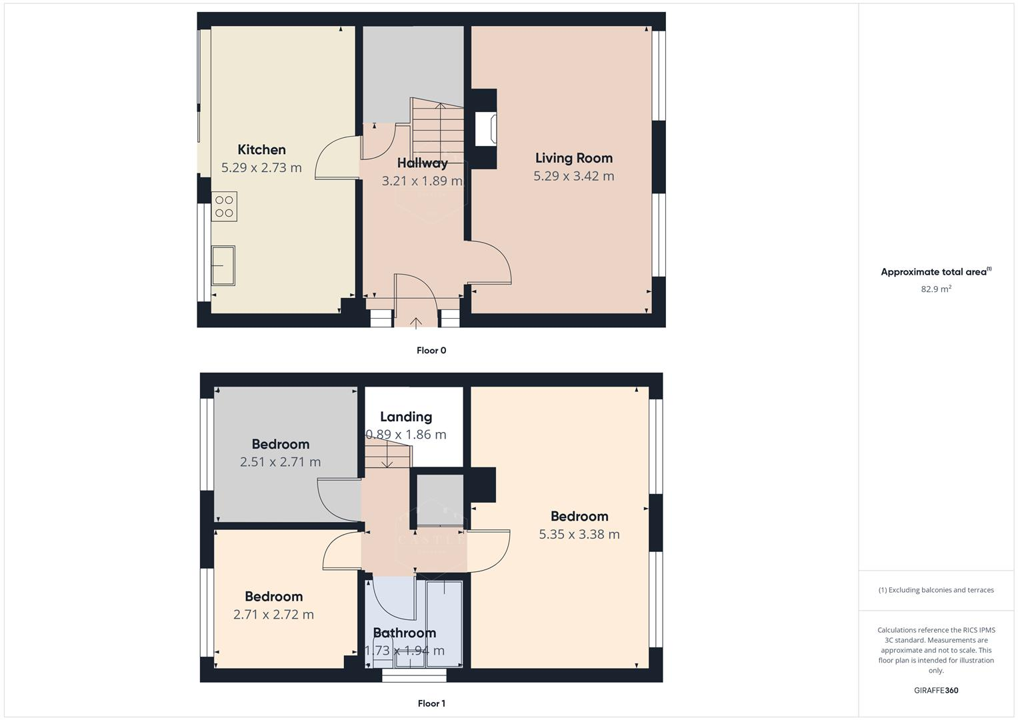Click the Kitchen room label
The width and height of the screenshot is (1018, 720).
pos(261,150)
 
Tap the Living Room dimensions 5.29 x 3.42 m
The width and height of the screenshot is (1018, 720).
pos(573,176)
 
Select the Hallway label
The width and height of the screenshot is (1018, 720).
pos(422,163)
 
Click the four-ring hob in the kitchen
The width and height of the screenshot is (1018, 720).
pos(224,207)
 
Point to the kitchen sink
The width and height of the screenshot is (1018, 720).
pos(223,265)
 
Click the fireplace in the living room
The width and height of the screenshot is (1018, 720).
pos(485,129)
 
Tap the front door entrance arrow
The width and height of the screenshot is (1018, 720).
pos(415,323)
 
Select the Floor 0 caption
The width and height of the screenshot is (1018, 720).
pos(431,351)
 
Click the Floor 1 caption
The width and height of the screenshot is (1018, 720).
pos(431,703)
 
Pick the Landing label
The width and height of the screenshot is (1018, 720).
pos(405,417)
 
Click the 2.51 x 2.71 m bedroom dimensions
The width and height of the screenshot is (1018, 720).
pos(280,462)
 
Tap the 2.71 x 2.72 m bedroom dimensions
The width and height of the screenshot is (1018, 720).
pos(273,615)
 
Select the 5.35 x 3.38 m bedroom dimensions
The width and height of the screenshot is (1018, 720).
pos(579,534)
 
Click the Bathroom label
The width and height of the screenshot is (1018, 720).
pos(404,633)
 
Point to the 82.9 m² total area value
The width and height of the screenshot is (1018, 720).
pos(935,289)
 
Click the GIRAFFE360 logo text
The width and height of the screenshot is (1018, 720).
pos(935,690)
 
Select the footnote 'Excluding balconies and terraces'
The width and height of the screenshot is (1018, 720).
pos(935,590)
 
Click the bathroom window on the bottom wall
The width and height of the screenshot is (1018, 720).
pos(414,675)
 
